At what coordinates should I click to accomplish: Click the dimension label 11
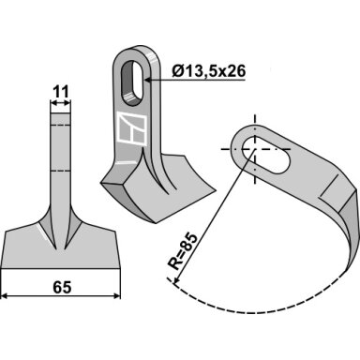click(x=60, y=92)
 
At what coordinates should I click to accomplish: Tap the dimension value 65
click(x=62, y=288)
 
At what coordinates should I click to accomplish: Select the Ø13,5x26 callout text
click(x=209, y=71)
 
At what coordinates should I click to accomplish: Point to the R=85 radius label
click(x=183, y=251)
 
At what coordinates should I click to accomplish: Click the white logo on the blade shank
click(x=132, y=129)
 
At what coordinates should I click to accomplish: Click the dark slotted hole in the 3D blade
click(x=131, y=83)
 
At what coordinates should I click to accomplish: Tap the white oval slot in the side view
click(x=264, y=156)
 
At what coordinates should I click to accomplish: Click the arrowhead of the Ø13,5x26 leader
click(x=148, y=81)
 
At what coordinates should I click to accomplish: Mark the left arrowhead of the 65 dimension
click(x=5, y=295)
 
